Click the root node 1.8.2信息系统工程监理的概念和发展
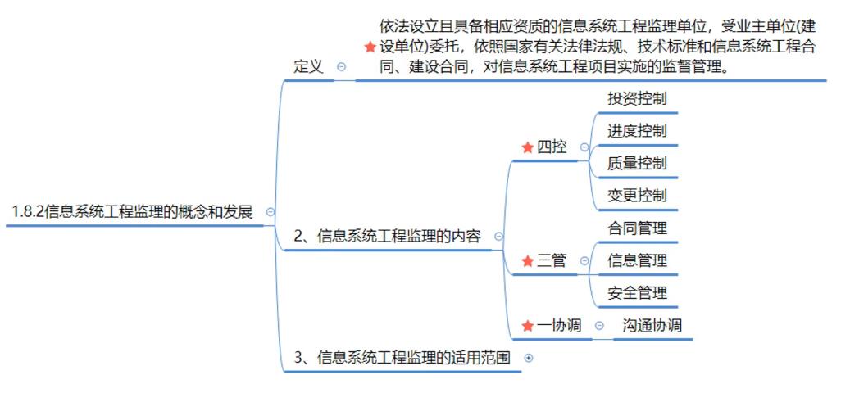click(132, 212)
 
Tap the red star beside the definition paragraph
click(370, 48)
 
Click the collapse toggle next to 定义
click(341, 67)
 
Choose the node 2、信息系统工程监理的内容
click(387, 237)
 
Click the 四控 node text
click(552, 147)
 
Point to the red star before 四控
click(527, 147)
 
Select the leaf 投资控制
click(637, 99)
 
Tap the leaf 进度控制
click(637, 131)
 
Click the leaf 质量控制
click(637, 163)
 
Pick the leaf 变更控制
click(637, 196)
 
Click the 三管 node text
click(552, 261)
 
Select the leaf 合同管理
click(637, 228)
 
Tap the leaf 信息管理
click(637, 261)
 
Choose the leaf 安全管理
click(637, 293)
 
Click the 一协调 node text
click(559, 325)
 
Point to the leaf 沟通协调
click(652, 325)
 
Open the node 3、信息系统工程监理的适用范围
click(402, 358)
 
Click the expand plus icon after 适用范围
click(528, 358)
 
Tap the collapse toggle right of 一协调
click(599, 325)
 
